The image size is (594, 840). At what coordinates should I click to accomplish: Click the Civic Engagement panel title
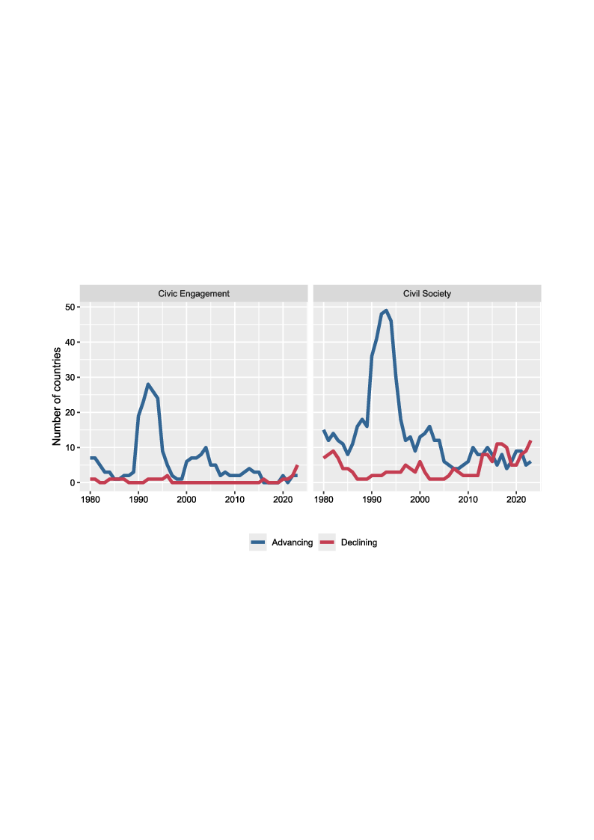[194, 294]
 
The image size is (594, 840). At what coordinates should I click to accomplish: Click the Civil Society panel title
[426, 294]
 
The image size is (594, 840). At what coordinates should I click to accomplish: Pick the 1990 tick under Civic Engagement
[138, 499]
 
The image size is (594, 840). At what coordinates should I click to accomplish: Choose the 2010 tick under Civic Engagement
[235, 499]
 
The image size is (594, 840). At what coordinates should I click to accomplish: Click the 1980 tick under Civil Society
[324, 499]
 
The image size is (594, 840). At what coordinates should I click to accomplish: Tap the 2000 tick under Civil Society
[420, 499]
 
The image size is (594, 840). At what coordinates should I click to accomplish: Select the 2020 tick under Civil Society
[516, 499]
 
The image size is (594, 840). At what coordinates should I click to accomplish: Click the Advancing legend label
[293, 542]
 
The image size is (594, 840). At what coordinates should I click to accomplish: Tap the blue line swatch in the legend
[258, 542]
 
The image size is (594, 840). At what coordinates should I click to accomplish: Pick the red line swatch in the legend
[327, 542]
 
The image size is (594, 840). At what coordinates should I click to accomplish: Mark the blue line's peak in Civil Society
[386, 310]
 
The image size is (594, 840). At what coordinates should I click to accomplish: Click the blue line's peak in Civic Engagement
[148, 384]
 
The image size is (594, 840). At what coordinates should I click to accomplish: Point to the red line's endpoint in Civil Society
[530, 441]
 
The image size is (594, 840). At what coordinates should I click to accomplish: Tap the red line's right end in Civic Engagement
[297, 466]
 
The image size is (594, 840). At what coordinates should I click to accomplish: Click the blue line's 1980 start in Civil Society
[324, 430]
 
